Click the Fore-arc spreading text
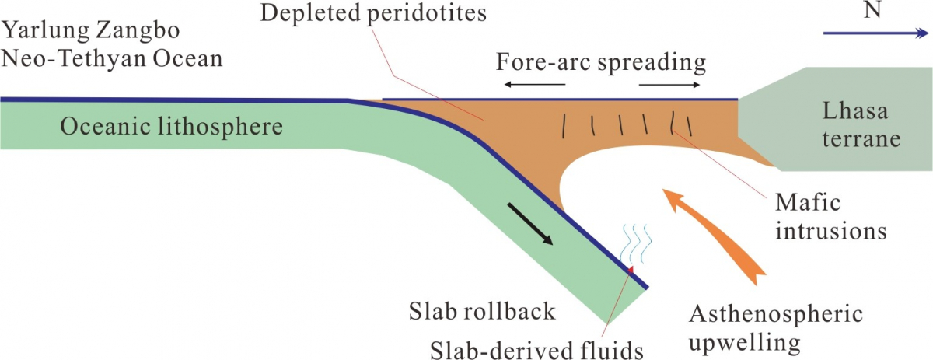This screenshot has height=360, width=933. click(x=601, y=61)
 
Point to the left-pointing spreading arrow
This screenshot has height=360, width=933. click(x=533, y=83)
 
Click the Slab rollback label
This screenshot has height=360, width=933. click(x=483, y=312)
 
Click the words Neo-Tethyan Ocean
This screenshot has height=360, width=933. click(x=113, y=58)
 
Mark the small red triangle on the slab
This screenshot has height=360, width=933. click(x=630, y=269)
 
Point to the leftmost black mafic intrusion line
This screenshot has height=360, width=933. click(x=564, y=123)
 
